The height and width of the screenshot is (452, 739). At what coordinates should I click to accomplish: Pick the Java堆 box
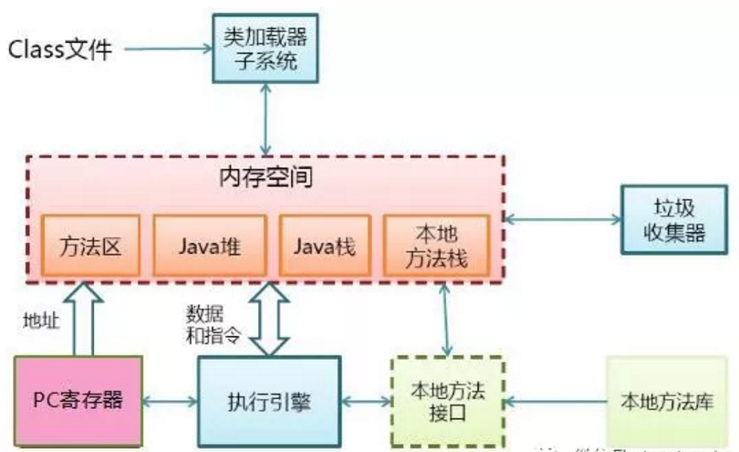click(x=209, y=246)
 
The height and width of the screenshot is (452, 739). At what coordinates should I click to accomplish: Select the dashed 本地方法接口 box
click(x=448, y=399)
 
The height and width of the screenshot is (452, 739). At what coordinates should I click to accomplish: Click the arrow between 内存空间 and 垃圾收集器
click(x=561, y=218)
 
